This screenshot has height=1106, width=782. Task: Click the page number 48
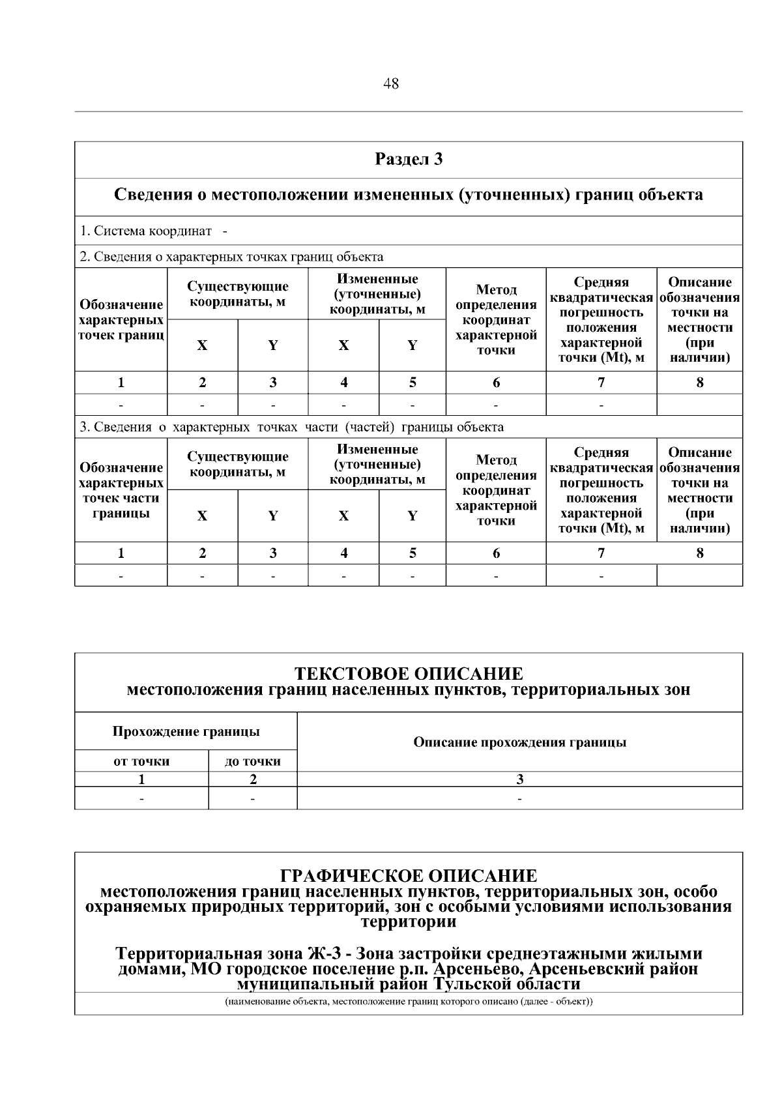click(391, 84)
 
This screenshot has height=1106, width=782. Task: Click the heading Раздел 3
click(409, 159)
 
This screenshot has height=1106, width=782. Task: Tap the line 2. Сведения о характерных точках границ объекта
click(231, 256)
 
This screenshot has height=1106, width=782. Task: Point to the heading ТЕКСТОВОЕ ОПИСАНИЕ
click(409, 673)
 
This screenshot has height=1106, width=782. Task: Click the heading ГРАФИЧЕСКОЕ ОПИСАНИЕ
click(409, 875)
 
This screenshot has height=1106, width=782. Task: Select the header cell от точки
click(141, 761)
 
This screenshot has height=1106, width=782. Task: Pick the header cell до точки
click(252, 761)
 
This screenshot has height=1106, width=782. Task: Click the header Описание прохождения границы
click(519, 742)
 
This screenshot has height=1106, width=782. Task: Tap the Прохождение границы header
click(186, 731)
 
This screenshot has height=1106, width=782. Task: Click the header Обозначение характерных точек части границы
click(121, 491)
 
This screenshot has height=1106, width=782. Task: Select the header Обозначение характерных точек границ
click(121, 320)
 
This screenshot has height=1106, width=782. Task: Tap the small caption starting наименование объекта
click(409, 1002)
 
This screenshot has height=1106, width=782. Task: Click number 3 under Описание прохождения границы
click(519, 779)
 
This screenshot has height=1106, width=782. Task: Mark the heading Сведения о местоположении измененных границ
click(409, 195)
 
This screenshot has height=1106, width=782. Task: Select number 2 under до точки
click(253, 779)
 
